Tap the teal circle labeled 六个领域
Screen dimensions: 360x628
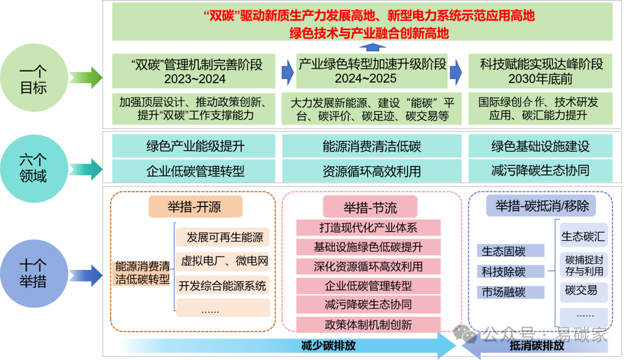pyautogui.click(x=33, y=167)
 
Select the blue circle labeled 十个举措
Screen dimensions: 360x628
pyautogui.click(x=33, y=273)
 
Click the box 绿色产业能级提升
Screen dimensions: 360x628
pyautogui.click(x=195, y=146)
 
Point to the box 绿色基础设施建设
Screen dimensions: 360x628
pyautogui.click(x=540, y=146)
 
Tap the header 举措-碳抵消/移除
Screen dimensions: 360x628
pyautogui.click(x=541, y=205)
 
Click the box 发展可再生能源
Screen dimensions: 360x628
pyautogui.click(x=224, y=237)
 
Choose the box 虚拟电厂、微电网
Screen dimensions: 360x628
pyautogui.click(x=224, y=261)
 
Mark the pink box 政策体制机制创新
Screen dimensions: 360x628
pyautogui.click(x=368, y=324)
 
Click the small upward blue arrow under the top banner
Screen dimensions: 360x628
pyautogui.click(x=372, y=48)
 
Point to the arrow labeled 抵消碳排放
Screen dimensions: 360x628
pyautogui.click(x=535, y=347)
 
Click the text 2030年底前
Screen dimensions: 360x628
pyautogui.click(x=540, y=78)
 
